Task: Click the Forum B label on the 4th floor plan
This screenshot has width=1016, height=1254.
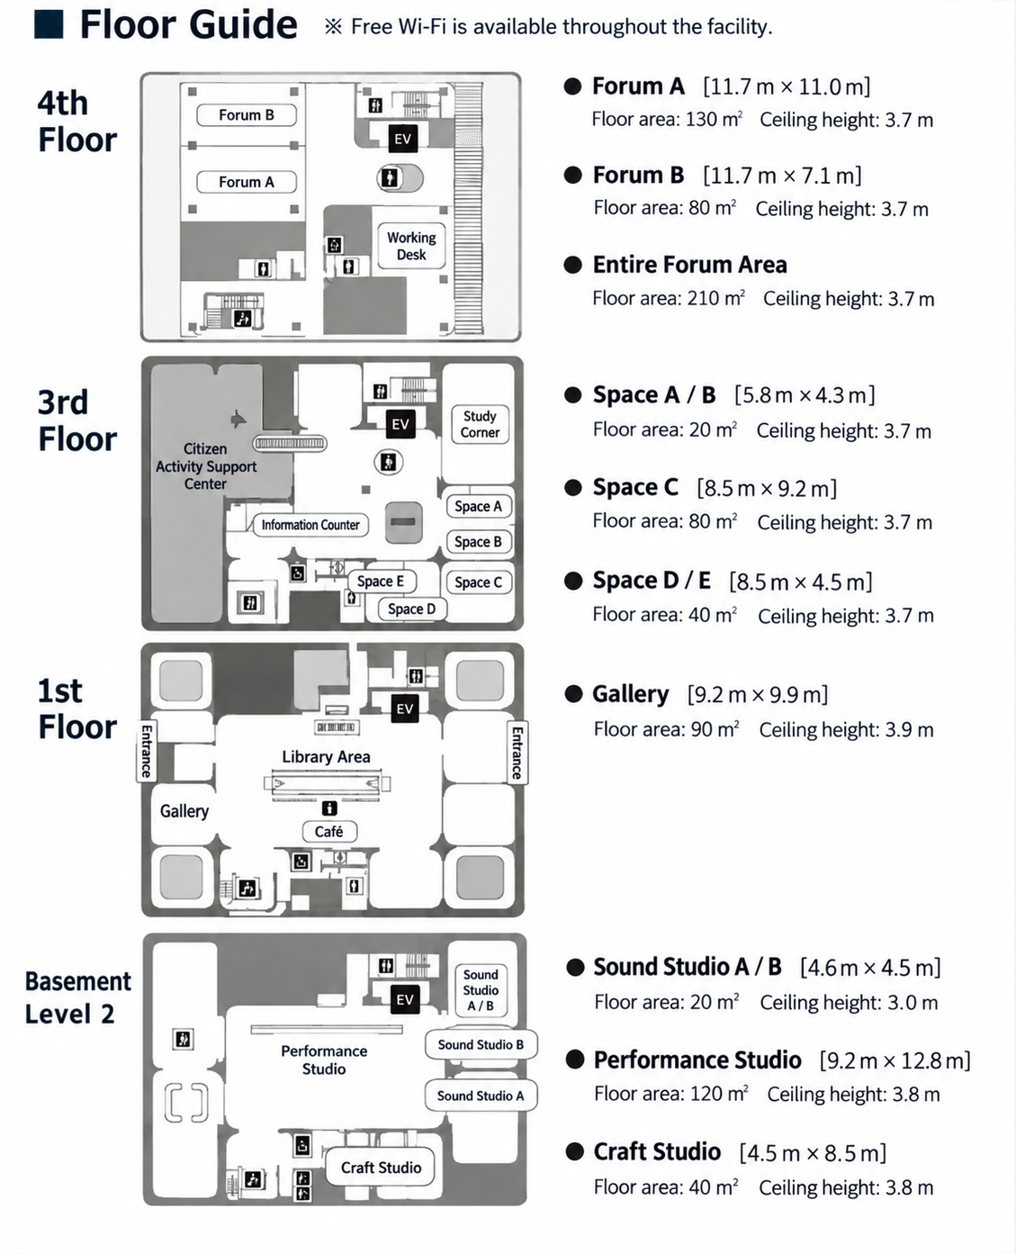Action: pyautogui.click(x=247, y=115)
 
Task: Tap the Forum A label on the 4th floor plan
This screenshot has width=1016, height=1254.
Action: pyautogui.click(x=247, y=182)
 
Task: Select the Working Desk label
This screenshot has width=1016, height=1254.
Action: pyautogui.click(x=411, y=246)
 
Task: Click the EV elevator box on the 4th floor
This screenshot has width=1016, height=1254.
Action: pyautogui.click(x=402, y=139)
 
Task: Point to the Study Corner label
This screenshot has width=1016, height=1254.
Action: pyautogui.click(x=480, y=424)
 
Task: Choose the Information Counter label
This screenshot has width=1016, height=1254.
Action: pyautogui.click(x=310, y=525)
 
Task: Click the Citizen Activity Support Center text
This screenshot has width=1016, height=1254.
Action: pyautogui.click(x=206, y=466)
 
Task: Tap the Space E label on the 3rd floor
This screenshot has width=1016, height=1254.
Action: pyautogui.click(x=381, y=582)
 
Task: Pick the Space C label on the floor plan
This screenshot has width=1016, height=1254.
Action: pyautogui.click(x=478, y=582)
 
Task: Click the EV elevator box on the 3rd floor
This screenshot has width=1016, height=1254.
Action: pyautogui.click(x=400, y=424)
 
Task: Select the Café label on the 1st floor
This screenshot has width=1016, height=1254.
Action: pyautogui.click(x=328, y=831)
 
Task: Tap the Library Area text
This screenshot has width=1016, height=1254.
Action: pyautogui.click(x=326, y=756)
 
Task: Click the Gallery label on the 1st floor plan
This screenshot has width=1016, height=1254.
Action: pyautogui.click(x=184, y=811)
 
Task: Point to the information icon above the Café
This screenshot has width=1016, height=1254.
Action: pyautogui.click(x=329, y=808)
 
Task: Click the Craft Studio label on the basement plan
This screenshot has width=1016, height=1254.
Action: pyautogui.click(x=381, y=1167)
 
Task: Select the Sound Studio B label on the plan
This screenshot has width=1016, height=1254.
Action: pyautogui.click(x=481, y=1044)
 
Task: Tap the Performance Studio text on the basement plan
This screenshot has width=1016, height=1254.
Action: pyautogui.click(x=324, y=1060)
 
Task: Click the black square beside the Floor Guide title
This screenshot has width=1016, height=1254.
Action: pyautogui.click(x=49, y=24)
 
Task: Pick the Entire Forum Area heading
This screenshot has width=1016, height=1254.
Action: pyautogui.click(x=689, y=265)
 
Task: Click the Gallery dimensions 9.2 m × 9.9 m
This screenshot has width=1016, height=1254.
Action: pyautogui.click(x=758, y=695)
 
